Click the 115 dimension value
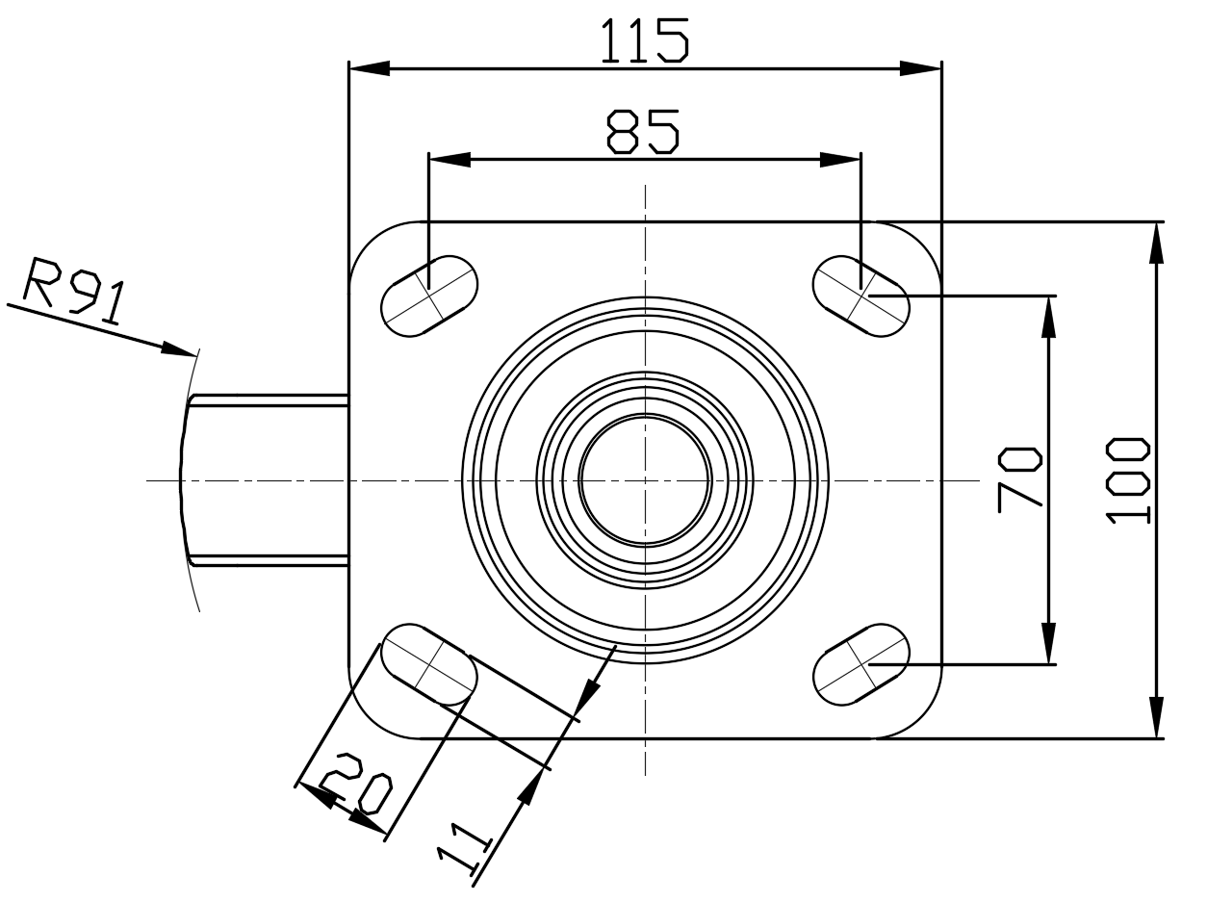click(x=645, y=40)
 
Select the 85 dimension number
click(x=643, y=132)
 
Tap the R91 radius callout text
click(x=75, y=290)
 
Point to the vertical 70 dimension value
click(x=1020, y=479)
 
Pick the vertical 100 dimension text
click(x=1128, y=480)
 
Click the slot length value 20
click(x=356, y=784)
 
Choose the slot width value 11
click(x=464, y=847)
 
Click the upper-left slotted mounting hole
click(x=429, y=296)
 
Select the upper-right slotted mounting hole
click(x=861, y=296)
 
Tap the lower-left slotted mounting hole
click(x=429, y=664)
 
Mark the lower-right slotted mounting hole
click(x=861, y=664)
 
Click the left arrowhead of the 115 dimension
click(x=370, y=68)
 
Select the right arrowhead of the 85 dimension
click(x=840, y=160)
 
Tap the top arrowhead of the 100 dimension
click(x=1157, y=243)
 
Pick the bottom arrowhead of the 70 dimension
click(x=1049, y=643)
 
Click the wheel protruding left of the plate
click(x=265, y=480)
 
